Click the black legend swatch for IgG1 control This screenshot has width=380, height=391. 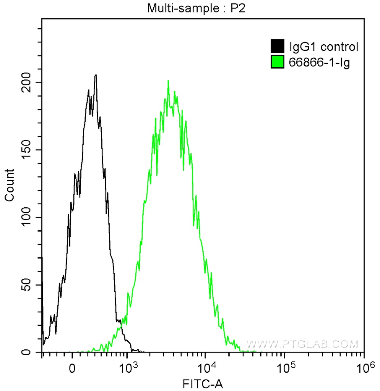point(277,47)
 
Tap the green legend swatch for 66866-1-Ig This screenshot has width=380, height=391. point(277,61)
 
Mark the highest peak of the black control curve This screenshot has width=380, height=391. point(96,75)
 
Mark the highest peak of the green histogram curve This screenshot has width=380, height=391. point(168,81)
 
